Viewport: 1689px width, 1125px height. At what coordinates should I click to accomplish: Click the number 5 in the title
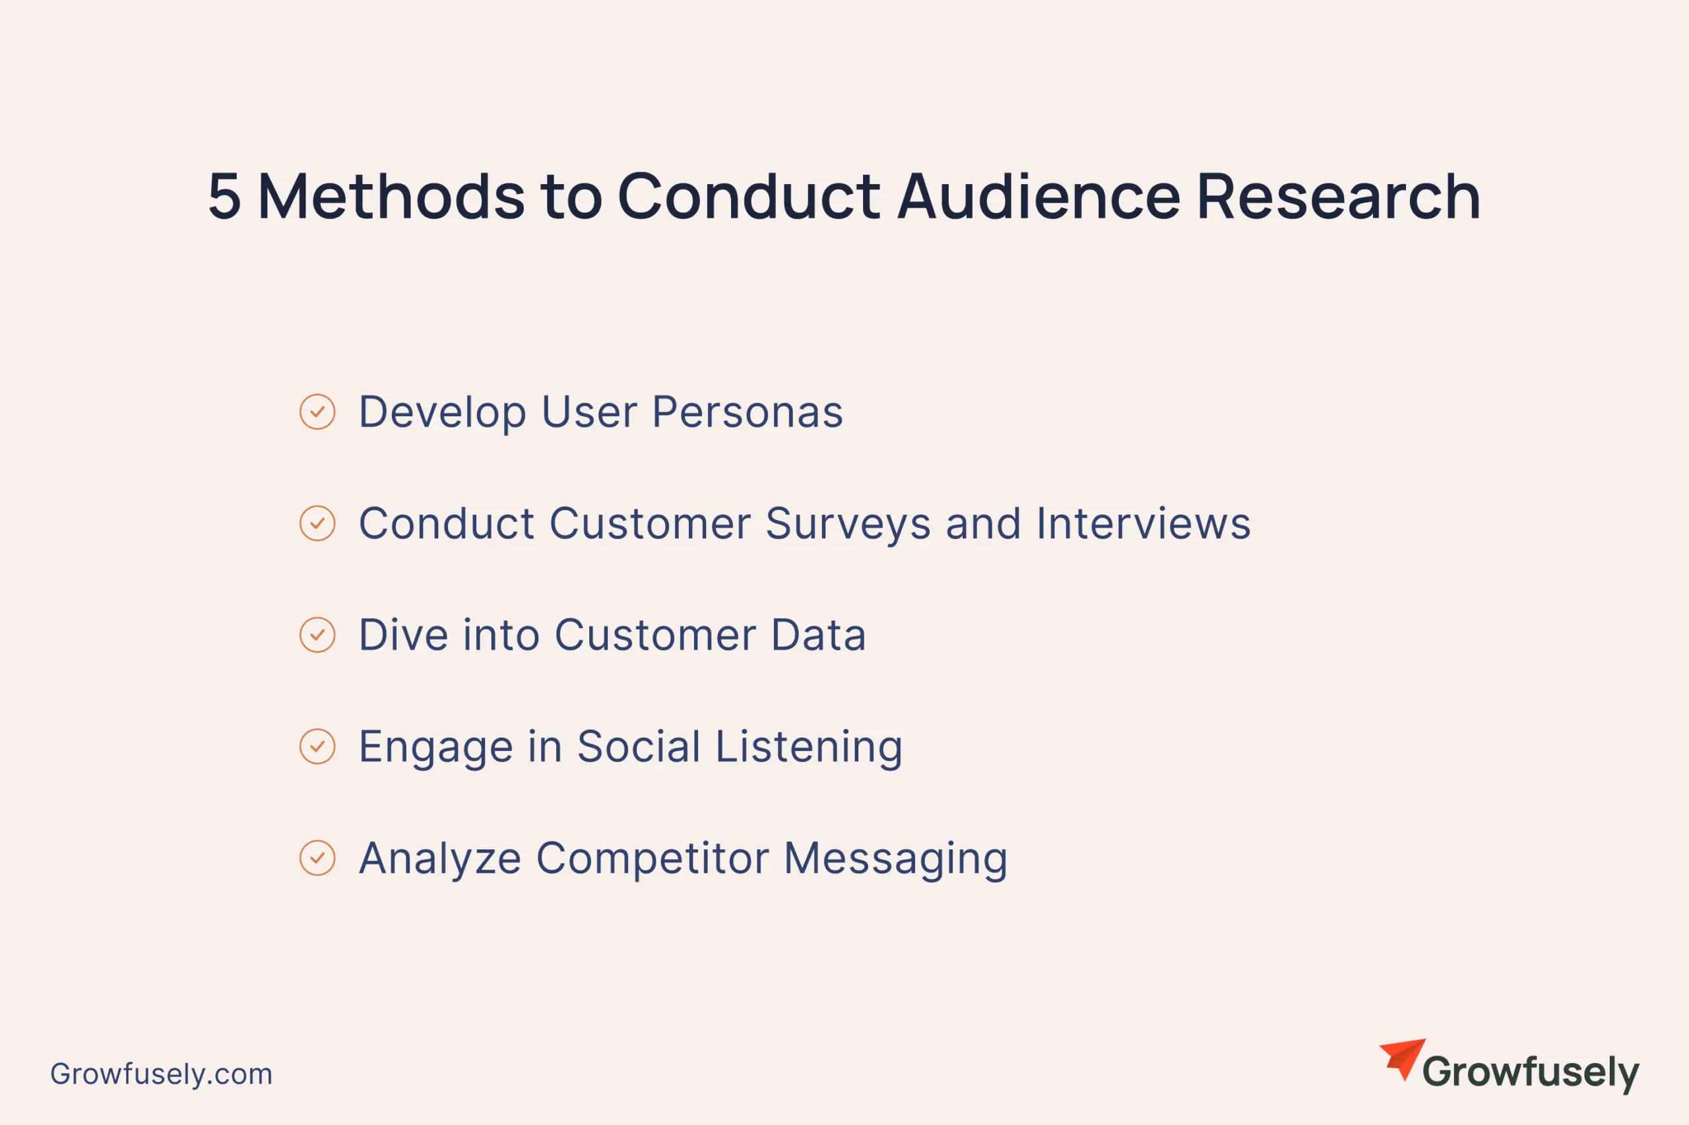(x=224, y=196)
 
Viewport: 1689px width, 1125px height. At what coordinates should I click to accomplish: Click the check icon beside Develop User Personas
(x=317, y=412)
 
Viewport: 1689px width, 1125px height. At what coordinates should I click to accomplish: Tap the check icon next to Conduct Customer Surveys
(x=317, y=523)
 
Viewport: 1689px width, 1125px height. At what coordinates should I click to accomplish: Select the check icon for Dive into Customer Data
(x=317, y=635)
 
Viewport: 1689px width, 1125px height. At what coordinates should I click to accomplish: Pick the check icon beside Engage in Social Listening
(x=317, y=746)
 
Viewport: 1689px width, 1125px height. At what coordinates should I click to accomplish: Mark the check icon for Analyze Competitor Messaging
(x=317, y=858)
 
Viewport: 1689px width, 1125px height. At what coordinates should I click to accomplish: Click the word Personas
(x=748, y=412)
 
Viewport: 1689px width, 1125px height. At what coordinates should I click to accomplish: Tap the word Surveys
(x=848, y=525)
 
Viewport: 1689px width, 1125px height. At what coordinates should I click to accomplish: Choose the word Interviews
(x=1144, y=523)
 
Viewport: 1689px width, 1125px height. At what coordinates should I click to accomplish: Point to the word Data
(x=818, y=635)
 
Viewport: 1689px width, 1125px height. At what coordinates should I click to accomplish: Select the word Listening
(x=809, y=748)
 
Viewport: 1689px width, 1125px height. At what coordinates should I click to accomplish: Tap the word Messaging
(x=896, y=860)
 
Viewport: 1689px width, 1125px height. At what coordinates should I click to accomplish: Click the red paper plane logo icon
(x=1403, y=1058)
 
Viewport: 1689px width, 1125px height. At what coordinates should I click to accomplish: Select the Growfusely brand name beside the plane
(x=1531, y=1073)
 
